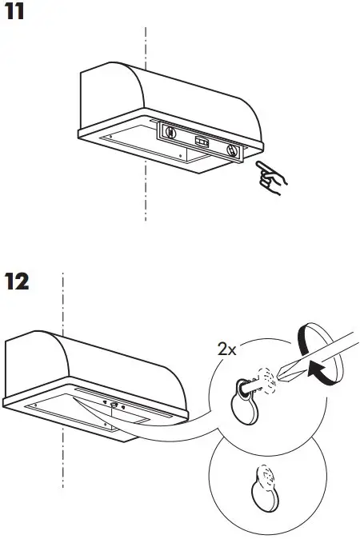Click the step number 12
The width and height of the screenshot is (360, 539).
pos(18,282)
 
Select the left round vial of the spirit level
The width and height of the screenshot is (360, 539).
pos(170,134)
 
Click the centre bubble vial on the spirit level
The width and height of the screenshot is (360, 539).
pos(202,142)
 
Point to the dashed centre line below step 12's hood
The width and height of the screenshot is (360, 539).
pos(62,472)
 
